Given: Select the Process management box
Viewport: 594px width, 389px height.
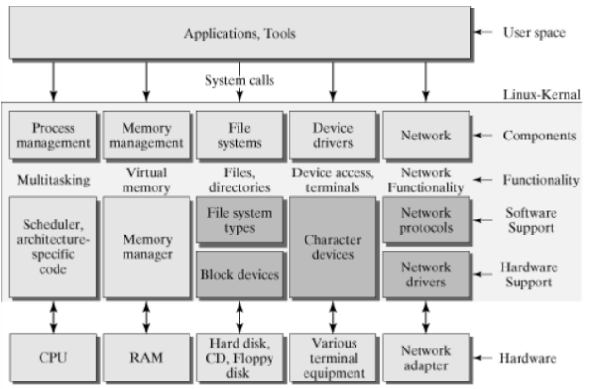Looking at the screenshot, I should [52, 135].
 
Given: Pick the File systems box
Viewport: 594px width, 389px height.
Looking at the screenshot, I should [239, 135].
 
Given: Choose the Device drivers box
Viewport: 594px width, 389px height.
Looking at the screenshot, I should [331, 135].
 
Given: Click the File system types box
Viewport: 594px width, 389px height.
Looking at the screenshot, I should [239, 220].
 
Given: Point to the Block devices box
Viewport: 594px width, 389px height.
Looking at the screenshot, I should [239, 275].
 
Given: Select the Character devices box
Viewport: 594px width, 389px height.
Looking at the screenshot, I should [331, 248].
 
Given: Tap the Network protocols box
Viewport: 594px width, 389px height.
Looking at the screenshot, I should [424, 220].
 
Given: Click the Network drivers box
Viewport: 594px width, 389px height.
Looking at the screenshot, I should [424, 275].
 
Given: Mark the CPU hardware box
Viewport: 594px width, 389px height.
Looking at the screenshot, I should [52, 357].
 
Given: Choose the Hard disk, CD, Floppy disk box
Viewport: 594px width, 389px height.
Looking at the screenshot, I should [239, 357].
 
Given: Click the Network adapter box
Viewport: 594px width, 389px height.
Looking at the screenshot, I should [424, 357].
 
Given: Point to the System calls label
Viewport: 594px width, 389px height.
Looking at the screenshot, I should [239, 79].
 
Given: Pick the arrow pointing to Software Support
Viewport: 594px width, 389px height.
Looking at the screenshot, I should [486, 220].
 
